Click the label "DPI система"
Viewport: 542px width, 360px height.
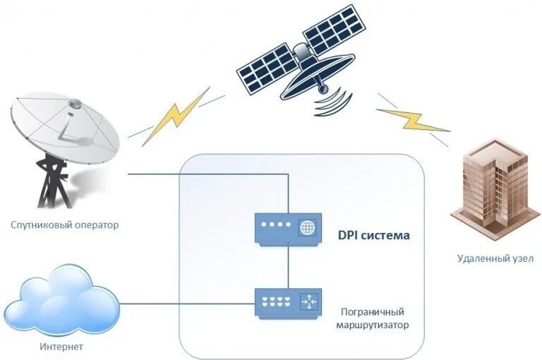(373, 234)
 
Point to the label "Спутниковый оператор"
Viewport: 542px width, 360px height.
(65, 225)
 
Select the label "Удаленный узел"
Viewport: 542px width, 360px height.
(494, 258)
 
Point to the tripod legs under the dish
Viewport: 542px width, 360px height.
(52, 185)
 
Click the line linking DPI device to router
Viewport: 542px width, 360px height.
(288, 267)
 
